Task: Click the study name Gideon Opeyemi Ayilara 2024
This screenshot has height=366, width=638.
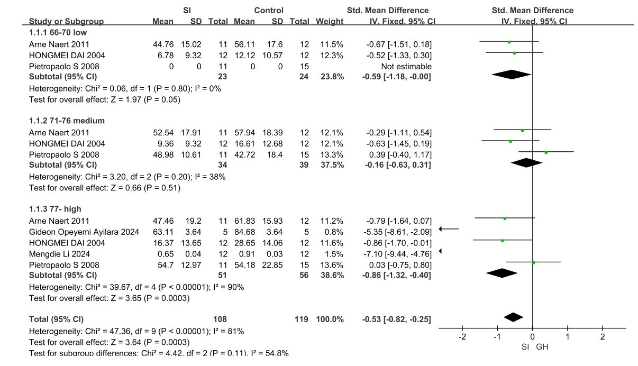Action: [84, 232]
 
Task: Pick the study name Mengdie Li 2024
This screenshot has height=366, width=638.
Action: [57, 254]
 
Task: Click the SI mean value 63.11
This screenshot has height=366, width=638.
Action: [163, 232]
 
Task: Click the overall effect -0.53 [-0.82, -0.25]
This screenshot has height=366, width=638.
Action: [397, 319]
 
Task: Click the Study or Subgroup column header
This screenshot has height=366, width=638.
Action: [66, 22]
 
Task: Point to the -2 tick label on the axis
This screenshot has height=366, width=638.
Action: [462, 337]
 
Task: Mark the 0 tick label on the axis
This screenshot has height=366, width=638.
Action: [532, 337]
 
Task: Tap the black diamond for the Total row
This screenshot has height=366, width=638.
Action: [513, 317]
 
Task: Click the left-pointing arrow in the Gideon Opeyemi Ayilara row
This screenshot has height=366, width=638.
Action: [449, 229]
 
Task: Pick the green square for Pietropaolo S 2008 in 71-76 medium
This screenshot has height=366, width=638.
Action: [546, 152]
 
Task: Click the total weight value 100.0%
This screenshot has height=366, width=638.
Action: [330, 319]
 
